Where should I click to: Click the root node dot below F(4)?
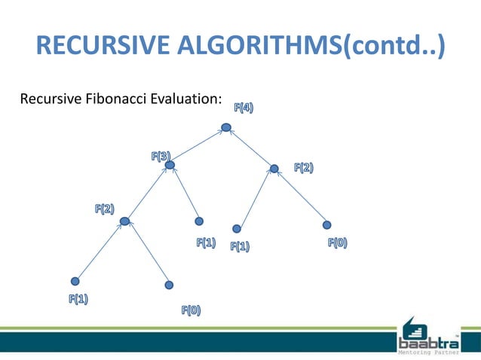pyautogui.click(x=226, y=127)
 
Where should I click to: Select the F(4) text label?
pyautogui.click(x=243, y=108)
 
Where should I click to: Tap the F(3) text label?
pyautogui.click(x=160, y=157)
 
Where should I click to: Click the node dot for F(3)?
pyautogui.click(x=170, y=164)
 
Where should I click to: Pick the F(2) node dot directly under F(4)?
pyautogui.click(x=274, y=169)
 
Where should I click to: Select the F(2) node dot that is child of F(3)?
pyautogui.click(x=125, y=221)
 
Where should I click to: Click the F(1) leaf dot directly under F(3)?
pyautogui.click(x=199, y=221)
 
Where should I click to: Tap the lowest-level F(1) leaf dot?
pyautogui.click(x=75, y=281)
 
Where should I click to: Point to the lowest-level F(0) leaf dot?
pyautogui.click(x=169, y=285)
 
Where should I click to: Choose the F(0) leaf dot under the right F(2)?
pyautogui.click(x=326, y=224)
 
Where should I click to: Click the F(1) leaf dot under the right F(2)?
pyautogui.click(x=237, y=228)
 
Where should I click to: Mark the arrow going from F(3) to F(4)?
pyautogui.click(x=198, y=146)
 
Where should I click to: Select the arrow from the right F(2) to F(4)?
pyautogui.click(x=250, y=148)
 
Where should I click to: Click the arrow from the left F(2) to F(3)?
pyautogui.click(x=148, y=193)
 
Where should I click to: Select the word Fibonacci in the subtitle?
pyautogui.click(x=115, y=99)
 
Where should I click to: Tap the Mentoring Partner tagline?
pyautogui.click(x=429, y=349)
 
